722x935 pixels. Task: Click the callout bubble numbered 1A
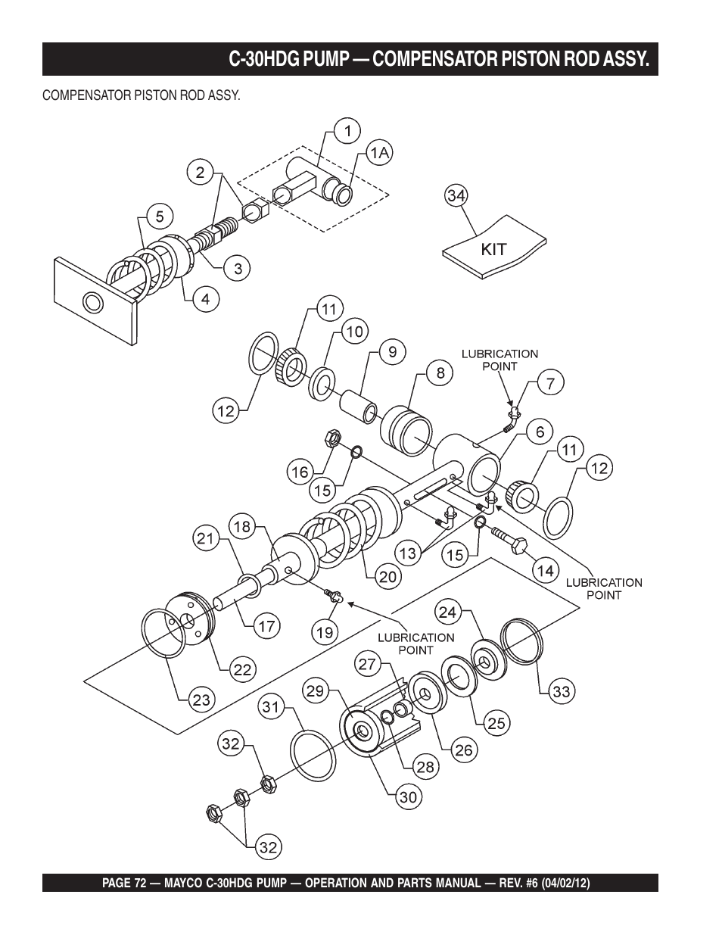(x=379, y=153)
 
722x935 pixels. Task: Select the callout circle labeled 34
(x=456, y=196)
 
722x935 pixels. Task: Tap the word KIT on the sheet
(x=493, y=249)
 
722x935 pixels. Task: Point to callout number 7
(x=550, y=382)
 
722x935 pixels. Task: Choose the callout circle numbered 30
(x=409, y=796)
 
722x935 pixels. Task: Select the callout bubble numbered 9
(x=392, y=352)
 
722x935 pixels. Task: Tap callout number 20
(x=387, y=576)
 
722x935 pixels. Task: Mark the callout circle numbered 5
(x=160, y=216)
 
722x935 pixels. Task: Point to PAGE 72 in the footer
(x=124, y=884)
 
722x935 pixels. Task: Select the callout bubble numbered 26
(x=464, y=750)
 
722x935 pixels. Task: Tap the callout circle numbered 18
(x=242, y=527)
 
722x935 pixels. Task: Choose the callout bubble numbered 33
(x=561, y=691)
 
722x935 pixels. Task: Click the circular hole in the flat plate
(x=93, y=303)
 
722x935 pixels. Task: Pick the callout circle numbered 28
(x=426, y=766)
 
